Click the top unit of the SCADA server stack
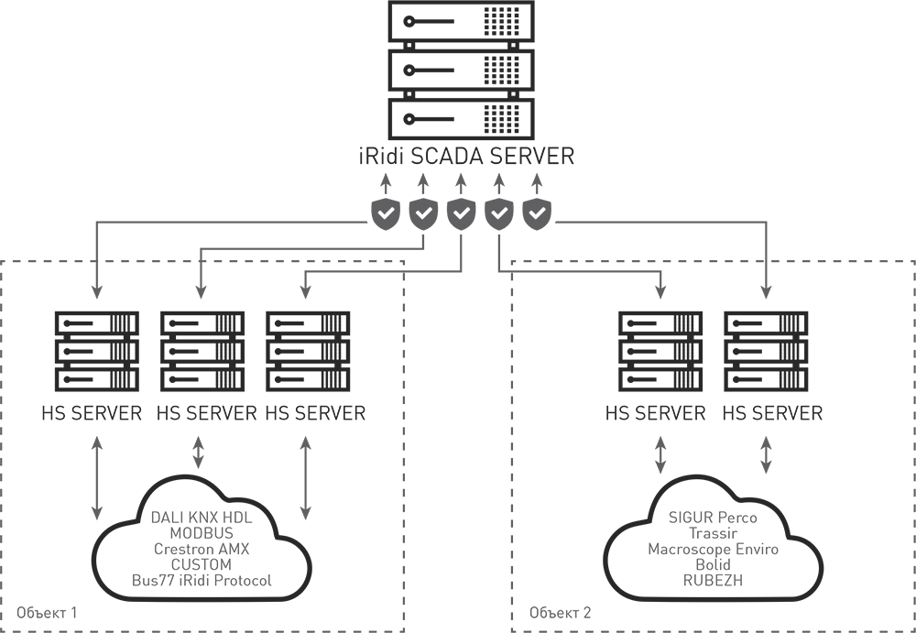[x=458, y=21]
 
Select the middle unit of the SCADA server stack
[x=458, y=70]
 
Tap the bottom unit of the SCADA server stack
[x=458, y=117]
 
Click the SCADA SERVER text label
[x=458, y=151]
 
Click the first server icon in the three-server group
[x=96, y=348]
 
